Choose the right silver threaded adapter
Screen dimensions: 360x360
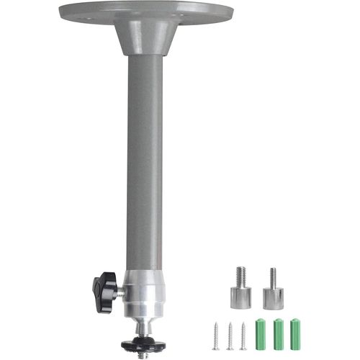(x=273, y=296)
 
